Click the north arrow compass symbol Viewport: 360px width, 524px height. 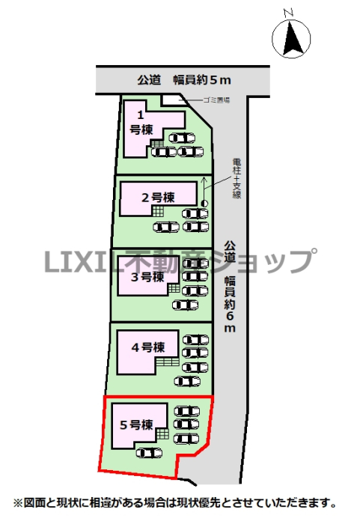tap(291, 38)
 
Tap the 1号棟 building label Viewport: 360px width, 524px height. tap(141, 123)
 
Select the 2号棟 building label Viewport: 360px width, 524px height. tap(158, 198)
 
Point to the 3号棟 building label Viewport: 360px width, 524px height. tap(147, 277)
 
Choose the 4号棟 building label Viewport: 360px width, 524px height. tap(148, 347)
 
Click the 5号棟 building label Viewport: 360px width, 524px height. tap(136, 424)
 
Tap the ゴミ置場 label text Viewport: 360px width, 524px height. tap(216, 100)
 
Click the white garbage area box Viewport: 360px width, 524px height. tap(173, 100)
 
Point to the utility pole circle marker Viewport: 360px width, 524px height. tap(204, 203)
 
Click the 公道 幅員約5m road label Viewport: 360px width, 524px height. tap(184, 80)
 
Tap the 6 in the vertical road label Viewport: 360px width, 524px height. tap(230, 316)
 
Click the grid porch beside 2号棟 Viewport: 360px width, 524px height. tap(158, 211)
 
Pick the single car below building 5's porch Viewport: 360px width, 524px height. tap(149, 453)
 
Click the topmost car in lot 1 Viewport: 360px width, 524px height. tap(182, 138)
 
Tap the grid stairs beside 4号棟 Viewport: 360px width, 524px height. tap(168, 362)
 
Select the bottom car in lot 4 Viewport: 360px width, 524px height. tap(188, 381)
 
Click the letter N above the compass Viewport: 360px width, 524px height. tap(288, 13)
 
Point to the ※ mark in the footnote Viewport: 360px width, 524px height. tap(17, 502)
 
